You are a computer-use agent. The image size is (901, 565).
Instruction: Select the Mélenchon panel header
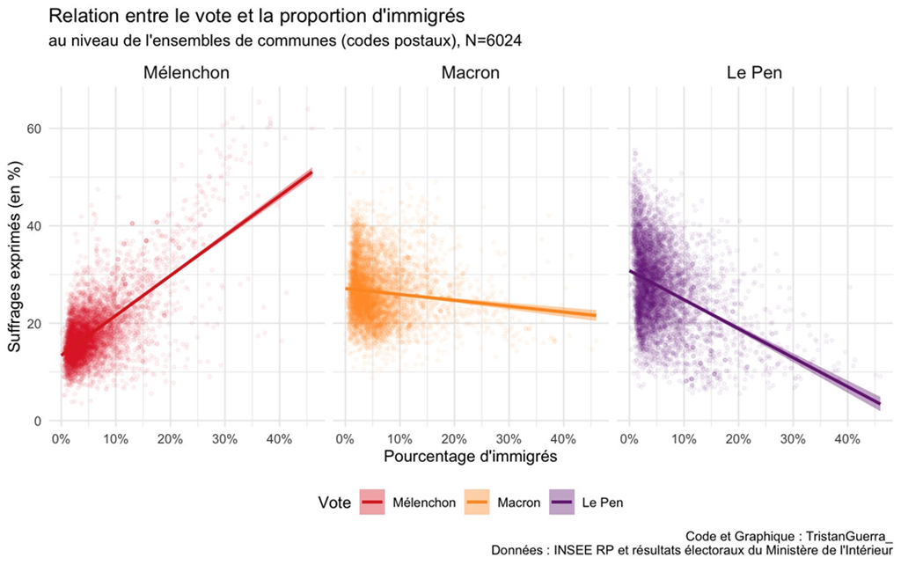(x=187, y=73)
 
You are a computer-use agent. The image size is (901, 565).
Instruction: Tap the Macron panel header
(x=470, y=73)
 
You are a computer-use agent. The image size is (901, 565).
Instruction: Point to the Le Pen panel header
(x=755, y=73)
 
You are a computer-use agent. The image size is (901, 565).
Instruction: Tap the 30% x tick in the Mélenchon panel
(x=224, y=437)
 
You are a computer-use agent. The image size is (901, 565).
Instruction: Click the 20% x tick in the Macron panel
(x=454, y=437)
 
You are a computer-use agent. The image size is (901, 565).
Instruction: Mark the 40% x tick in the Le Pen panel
(x=847, y=437)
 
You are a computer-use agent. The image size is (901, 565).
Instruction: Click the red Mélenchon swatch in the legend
(x=373, y=503)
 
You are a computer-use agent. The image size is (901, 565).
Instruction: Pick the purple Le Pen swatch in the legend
(x=563, y=503)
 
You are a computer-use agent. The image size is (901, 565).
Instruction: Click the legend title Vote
(x=335, y=503)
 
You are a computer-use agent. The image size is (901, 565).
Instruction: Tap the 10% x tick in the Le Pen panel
(x=684, y=437)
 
